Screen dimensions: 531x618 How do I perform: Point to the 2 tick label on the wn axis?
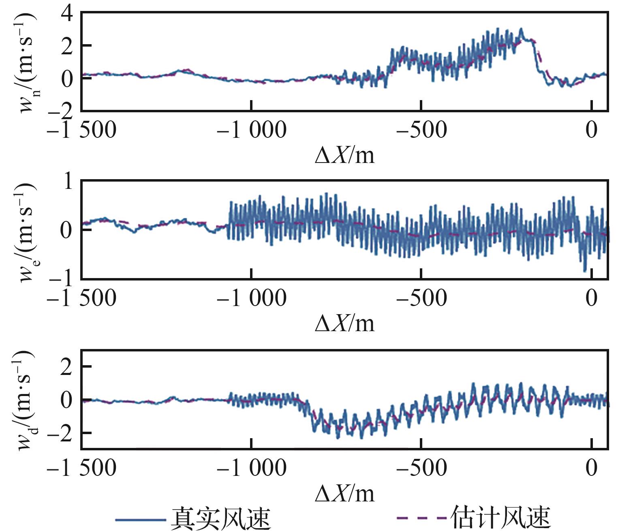point(68,45)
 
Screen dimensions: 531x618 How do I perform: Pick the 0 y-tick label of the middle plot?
point(68,230)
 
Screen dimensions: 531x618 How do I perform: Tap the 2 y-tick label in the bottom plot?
point(68,367)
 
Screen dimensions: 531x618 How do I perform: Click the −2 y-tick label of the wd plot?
point(60,433)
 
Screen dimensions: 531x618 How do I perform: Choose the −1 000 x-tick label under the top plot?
point(251,130)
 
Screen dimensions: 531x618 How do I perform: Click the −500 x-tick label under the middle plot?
point(421,299)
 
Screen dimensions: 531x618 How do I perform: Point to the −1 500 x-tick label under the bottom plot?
point(81,469)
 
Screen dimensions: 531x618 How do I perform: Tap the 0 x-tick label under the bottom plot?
point(592,469)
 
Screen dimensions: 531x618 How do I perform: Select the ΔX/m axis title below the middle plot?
point(344,323)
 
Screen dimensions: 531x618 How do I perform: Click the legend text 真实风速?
point(220,518)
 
